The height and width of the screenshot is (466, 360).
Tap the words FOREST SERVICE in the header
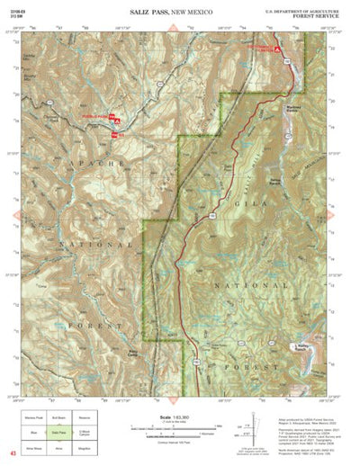click(x=317, y=14)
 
